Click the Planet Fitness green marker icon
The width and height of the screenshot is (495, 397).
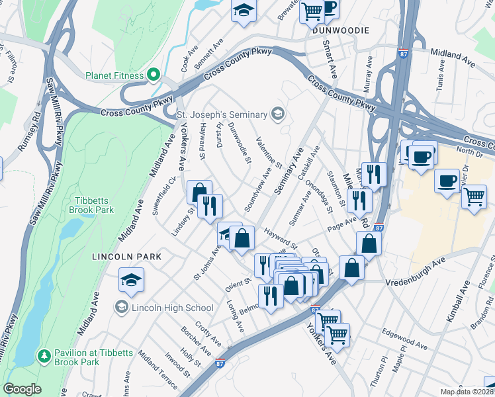154,75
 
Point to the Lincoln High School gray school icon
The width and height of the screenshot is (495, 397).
122,307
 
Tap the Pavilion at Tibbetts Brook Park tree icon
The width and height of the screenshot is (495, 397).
44,356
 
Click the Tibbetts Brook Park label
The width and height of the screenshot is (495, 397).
91,205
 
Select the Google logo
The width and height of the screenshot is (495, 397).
22,389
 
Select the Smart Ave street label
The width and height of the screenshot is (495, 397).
328,57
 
